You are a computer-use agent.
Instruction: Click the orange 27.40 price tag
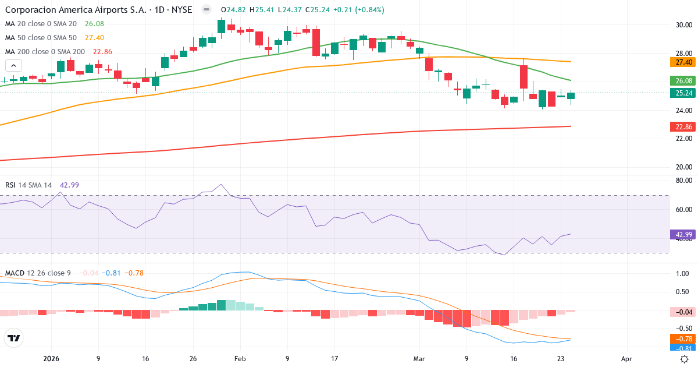tap(683, 62)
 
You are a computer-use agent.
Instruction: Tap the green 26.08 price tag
tap(683, 80)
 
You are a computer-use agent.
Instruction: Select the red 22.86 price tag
tap(683, 126)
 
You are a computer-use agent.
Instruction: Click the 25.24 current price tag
tap(683, 93)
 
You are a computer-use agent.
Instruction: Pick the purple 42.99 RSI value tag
tap(683, 235)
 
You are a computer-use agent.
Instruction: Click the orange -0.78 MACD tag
tap(683, 339)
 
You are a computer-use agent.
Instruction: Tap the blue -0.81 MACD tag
tap(683, 348)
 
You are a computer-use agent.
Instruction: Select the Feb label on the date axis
tap(240, 359)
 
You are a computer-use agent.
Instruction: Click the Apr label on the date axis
tap(626, 359)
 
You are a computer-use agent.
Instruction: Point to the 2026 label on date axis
tap(51, 359)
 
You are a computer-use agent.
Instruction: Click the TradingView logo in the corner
tap(13, 337)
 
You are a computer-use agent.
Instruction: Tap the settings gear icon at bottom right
tap(685, 359)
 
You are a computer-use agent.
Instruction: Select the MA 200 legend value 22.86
tap(98, 52)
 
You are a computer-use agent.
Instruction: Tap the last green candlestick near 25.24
tap(571, 96)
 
